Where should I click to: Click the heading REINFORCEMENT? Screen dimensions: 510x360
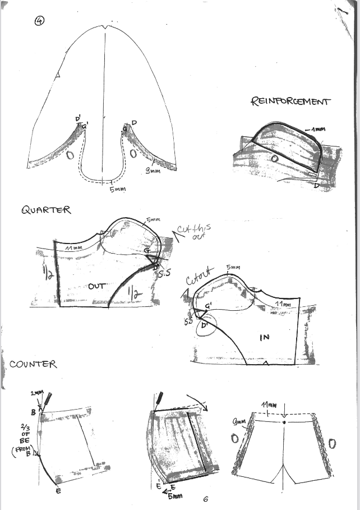pos(290,102)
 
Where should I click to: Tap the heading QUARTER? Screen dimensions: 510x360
pos(46,210)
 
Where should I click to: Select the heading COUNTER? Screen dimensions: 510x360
pos(33,364)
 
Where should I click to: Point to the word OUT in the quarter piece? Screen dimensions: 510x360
pos(98,286)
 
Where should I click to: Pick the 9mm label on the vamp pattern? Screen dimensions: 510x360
pos(153,171)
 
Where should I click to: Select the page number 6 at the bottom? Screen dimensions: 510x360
pos(206,499)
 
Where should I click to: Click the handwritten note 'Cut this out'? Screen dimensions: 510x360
pos(193,233)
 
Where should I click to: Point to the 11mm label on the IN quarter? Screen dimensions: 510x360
pos(283,304)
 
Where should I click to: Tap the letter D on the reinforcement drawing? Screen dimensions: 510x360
pos(317,185)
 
